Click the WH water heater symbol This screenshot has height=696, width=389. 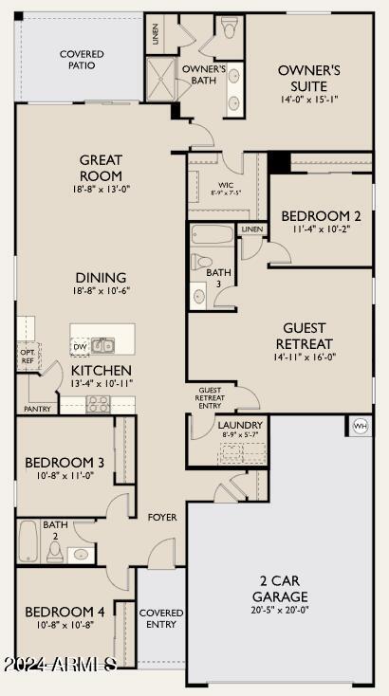coord(361,426)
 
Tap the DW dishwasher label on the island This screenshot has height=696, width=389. coord(80,347)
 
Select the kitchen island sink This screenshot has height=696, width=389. coord(102,345)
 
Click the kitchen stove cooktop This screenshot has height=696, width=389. coord(98,404)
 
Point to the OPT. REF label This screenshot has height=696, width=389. coord(27,355)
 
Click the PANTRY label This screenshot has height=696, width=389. coord(37,410)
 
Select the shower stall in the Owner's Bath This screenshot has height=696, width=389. coord(161,79)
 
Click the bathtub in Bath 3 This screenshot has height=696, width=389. coord(212,234)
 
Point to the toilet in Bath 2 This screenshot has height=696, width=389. coord(55,552)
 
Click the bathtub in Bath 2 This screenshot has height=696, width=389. coord(28,540)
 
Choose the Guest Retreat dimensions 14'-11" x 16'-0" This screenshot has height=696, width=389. coord(305,357)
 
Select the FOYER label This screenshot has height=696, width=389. coord(162,518)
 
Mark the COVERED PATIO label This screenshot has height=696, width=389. coord(83,60)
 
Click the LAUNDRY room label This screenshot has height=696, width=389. coord(240,425)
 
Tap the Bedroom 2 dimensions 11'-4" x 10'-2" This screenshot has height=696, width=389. coord(321,229)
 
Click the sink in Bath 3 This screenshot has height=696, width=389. coord(198,296)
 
